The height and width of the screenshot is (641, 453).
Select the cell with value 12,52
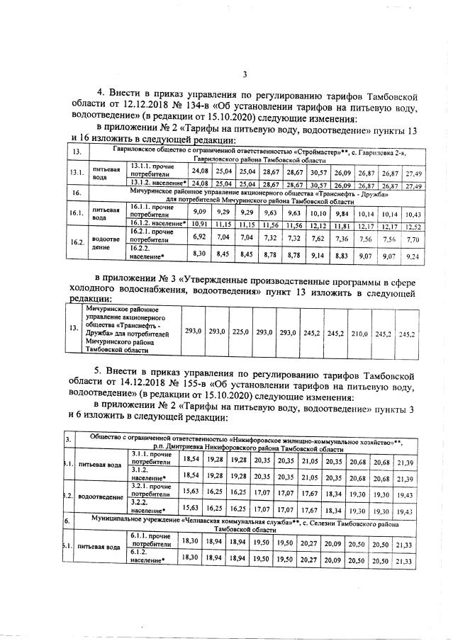click(x=413, y=226)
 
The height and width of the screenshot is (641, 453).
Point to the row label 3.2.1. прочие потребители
click(x=151, y=490)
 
